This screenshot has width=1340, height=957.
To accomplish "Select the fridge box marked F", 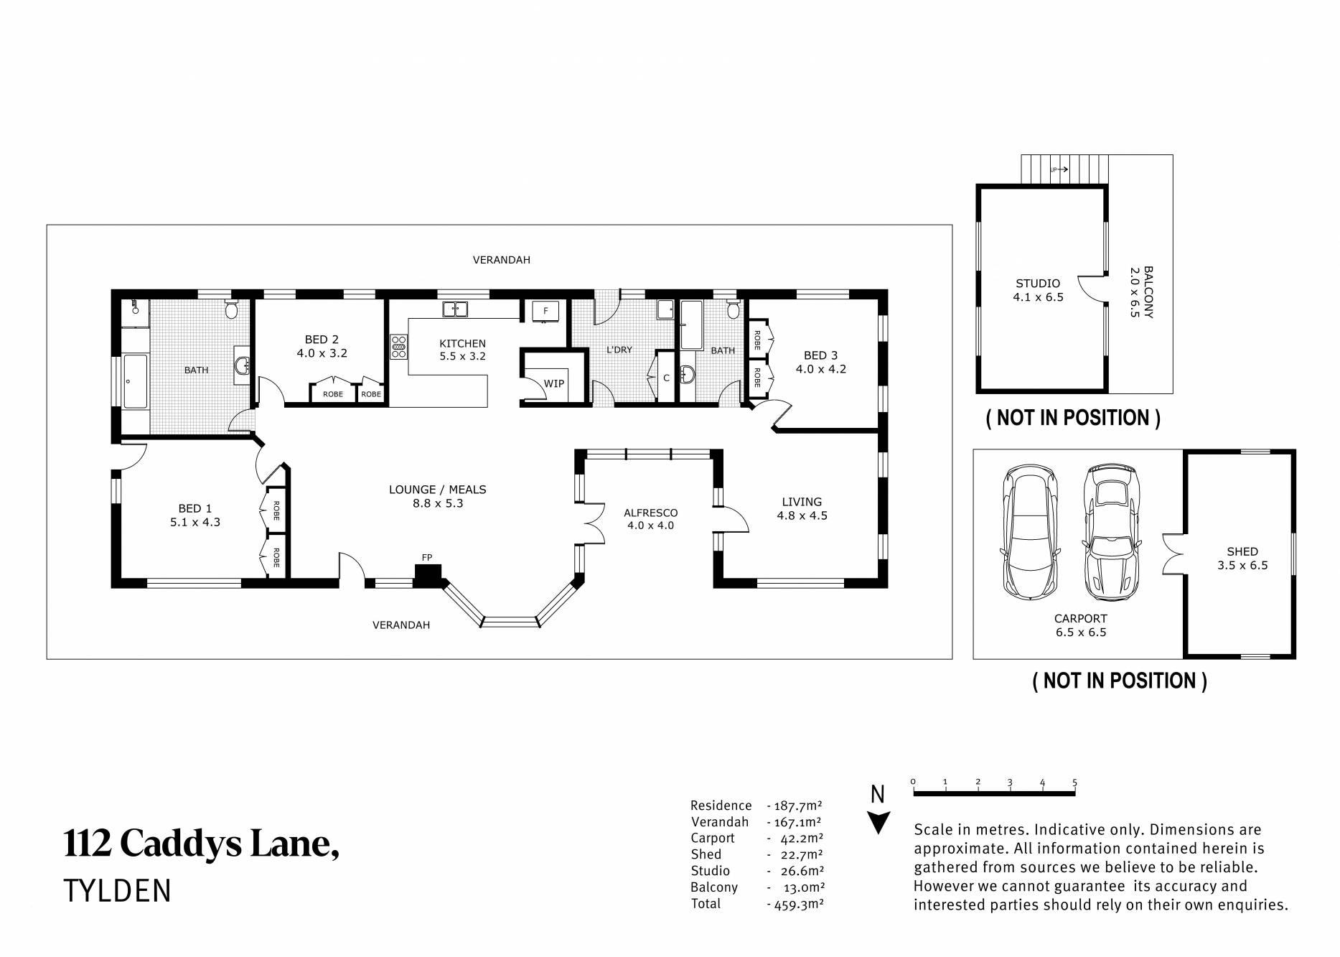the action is (546, 311).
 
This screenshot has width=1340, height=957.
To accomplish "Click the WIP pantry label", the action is (553, 384).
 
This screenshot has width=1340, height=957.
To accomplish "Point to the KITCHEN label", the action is (463, 344).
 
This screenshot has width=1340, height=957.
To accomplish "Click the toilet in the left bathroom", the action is (231, 309).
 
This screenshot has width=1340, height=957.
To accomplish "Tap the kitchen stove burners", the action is (398, 347).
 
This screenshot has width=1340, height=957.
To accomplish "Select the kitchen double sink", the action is (455, 309).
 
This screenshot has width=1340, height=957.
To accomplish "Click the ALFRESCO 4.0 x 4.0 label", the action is (650, 519).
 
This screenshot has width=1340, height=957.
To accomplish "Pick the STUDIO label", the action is (1038, 284).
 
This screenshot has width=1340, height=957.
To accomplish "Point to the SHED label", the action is (1242, 551).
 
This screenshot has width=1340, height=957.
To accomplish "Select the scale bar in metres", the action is (994, 793).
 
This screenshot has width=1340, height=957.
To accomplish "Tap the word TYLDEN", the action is (118, 891).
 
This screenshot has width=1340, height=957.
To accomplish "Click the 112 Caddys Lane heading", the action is (202, 844).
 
